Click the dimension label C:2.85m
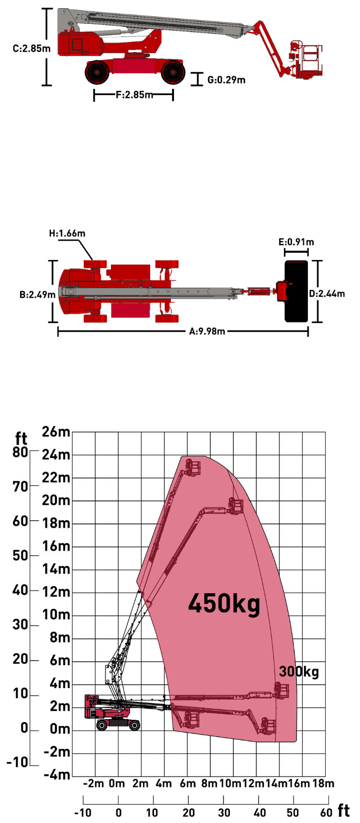(x=32, y=49)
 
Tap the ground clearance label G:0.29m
(x=226, y=80)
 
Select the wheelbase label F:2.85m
(x=134, y=95)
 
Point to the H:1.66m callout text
(x=67, y=233)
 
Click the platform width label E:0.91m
(x=296, y=242)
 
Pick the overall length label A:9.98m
(x=207, y=331)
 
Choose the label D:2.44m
(x=327, y=293)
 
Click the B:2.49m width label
(x=38, y=294)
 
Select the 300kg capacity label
(x=299, y=671)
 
